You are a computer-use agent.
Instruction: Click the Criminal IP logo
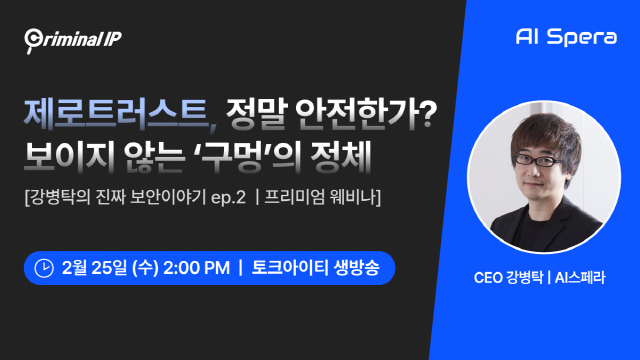[73, 40]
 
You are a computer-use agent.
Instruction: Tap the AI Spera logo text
[566, 37]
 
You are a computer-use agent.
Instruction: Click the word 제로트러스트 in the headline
[118, 114]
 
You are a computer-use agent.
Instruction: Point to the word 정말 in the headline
[257, 114]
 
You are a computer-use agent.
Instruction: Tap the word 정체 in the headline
[340, 156]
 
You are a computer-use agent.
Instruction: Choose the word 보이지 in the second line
[70, 157]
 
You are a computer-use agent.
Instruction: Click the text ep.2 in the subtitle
[229, 198]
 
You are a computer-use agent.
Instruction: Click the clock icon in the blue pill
[44, 268]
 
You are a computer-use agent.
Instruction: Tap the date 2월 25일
[94, 268]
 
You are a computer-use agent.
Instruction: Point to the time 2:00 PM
[196, 268]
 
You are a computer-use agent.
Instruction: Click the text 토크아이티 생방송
[316, 268]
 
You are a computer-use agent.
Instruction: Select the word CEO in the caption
[488, 278]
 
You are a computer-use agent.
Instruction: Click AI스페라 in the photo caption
[580, 278]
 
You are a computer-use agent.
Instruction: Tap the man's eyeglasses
[538, 160]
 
